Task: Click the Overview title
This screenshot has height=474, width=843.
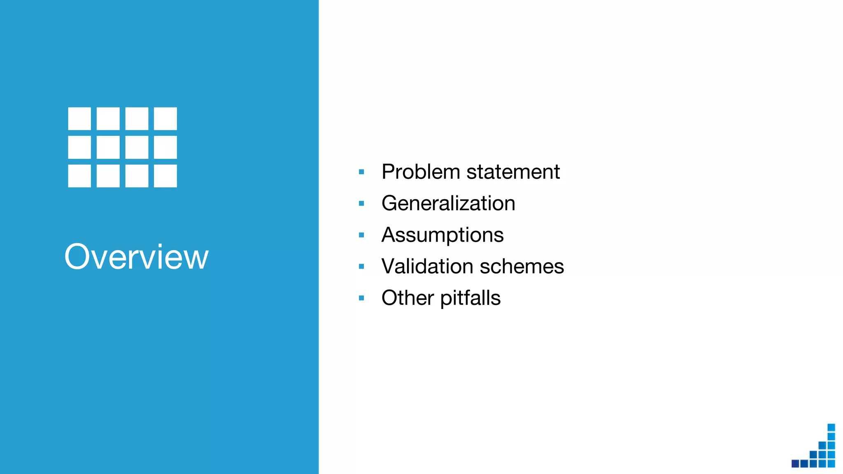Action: point(136,257)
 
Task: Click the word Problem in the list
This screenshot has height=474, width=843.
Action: point(420,172)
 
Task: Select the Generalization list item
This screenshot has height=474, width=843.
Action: point(448,203)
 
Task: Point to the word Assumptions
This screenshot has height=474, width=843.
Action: point(442,235)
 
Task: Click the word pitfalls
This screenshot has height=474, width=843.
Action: point(470,298)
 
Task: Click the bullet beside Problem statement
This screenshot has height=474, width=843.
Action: point(361,172)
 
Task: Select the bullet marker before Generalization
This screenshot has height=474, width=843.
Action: point(361,203)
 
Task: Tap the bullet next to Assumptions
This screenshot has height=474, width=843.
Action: point(361,235)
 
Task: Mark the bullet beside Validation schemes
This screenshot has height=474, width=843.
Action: point(361,267)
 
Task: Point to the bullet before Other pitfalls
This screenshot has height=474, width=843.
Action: point(361,298)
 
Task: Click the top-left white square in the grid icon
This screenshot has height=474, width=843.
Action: point(79,118)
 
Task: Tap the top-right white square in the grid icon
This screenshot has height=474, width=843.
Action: point(165,118)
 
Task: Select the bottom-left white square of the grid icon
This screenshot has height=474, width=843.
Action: point(79,176)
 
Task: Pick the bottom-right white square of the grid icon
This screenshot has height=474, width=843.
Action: point(165,176)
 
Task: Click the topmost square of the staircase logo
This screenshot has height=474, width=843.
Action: point(831,427)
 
